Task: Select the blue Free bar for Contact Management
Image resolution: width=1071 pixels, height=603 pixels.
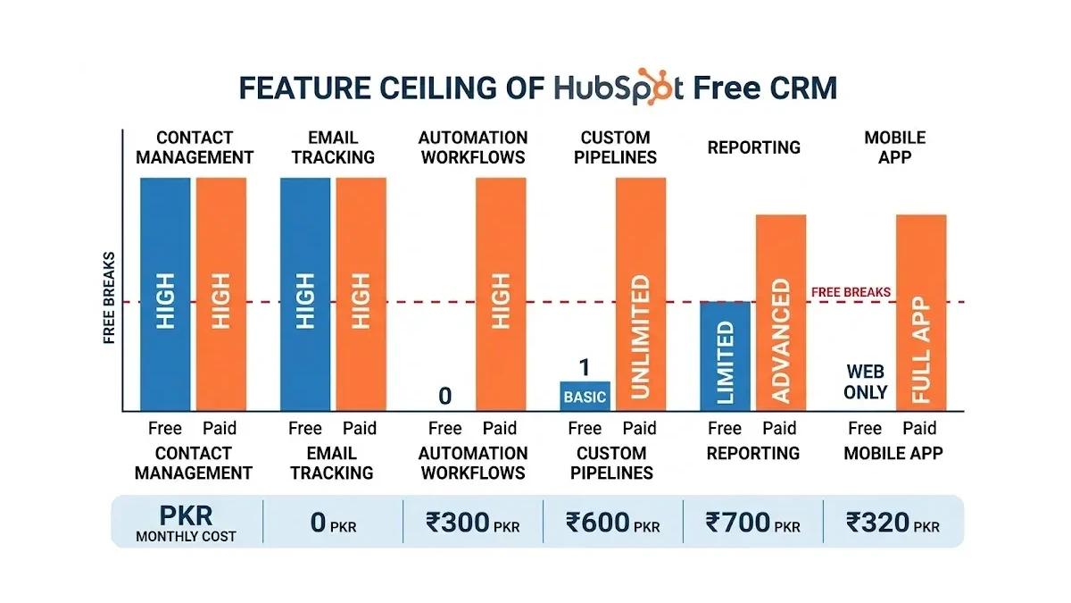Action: (x=165, y=294)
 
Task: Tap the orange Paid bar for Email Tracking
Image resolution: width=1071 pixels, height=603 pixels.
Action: (x=361, y=294)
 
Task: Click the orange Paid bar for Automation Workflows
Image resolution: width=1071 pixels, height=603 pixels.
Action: (x=501, y=294)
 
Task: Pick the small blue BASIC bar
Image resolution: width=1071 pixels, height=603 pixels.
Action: (x=585, y=397)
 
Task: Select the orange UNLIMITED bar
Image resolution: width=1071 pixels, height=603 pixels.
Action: (x=641, y=294)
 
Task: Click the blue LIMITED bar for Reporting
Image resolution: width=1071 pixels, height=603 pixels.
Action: (x=725, y=356)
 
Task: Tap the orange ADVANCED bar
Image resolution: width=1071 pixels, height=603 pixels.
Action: (x=781, y=313)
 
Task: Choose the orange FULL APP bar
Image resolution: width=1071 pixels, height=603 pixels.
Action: (x=921, y=313)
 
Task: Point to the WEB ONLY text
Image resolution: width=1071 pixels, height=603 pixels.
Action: (x=866, y=382)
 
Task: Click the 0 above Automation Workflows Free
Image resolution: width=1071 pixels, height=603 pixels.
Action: (x=444, y=396)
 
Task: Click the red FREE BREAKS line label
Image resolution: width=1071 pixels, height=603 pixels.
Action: (x=851, y=292)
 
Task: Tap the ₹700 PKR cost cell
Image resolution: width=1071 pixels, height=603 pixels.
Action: (x=752, y=523)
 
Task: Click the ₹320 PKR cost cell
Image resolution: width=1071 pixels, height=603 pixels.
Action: (x=892, y=523)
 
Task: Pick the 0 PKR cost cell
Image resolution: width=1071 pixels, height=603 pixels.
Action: (x=333, y=523)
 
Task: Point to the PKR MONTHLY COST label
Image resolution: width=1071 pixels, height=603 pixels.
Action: (x=186, y=523)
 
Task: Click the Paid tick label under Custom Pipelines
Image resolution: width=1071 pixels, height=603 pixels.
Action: (x=639, y=428)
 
